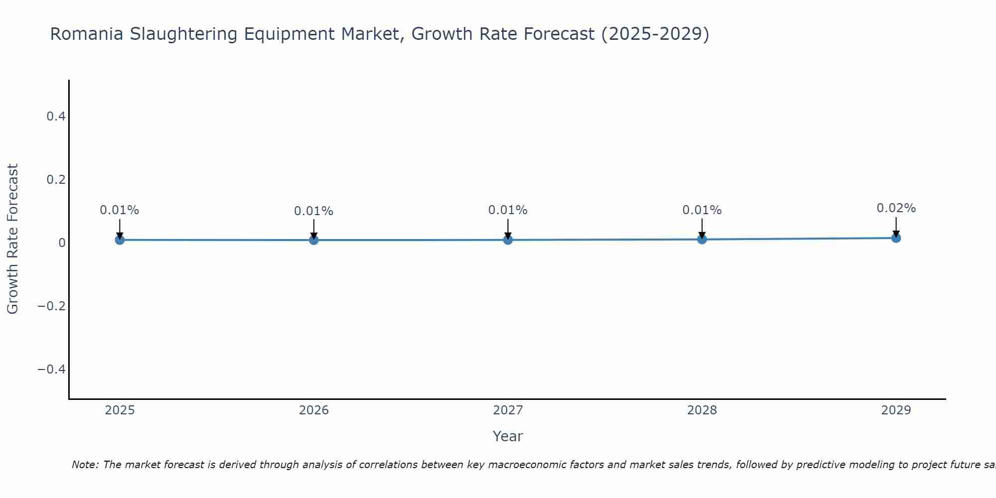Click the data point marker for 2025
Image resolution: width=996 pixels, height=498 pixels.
pos(120,240)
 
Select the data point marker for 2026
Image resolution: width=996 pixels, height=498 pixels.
pos(314,240)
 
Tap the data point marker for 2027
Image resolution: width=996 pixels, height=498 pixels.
pos(508,240)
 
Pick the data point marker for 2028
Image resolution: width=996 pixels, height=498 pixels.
pos(702,240)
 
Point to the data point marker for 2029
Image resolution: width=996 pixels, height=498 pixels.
pos(896,238)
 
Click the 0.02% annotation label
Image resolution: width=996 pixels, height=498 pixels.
pos(896,208)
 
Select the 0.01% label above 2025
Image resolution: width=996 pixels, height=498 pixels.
pos(120,210)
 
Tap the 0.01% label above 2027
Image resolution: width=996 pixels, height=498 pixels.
pos(508,210)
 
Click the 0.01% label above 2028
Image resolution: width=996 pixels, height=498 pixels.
pos(702,210)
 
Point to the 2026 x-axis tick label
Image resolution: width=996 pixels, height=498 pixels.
pos(314,410)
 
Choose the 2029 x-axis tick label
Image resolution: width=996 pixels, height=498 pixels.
pos(896,410)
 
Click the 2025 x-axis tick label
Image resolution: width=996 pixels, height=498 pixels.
pos(120,410)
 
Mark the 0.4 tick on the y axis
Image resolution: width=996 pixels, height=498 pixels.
pos(56,117)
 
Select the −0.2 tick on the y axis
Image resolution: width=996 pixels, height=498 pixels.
pos(52,306)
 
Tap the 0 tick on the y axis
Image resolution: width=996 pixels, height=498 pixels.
pos(62,243)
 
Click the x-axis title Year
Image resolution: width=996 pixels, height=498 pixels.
pos(507,436)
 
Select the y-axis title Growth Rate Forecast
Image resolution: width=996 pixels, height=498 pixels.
pos(12,239)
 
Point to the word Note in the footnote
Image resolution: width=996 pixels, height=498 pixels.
pos(85,465)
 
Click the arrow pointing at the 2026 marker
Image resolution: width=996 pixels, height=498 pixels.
pos(314,228)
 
